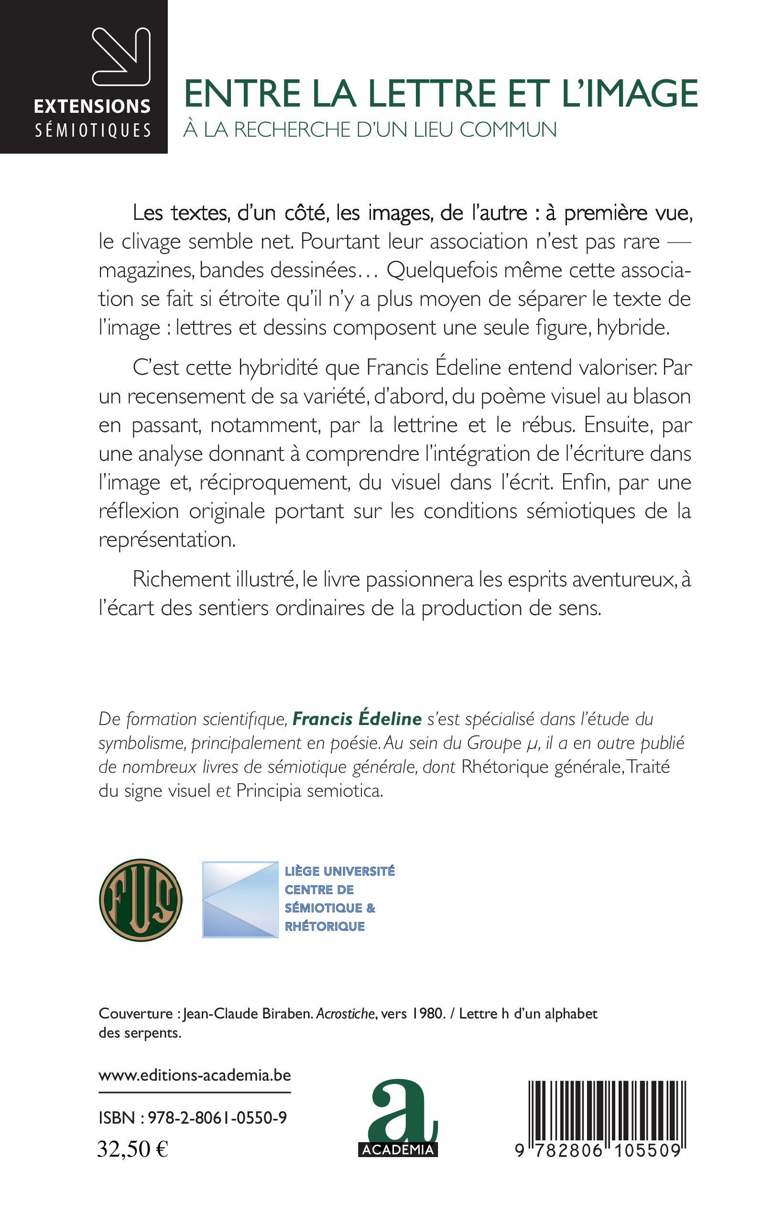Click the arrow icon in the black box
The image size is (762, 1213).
click(121, 56)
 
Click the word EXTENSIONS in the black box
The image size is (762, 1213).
click(92, 106)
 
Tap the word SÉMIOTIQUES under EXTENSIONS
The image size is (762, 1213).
click(93, 131)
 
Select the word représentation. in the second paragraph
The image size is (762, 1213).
click(167, 540)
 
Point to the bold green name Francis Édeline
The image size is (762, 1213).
click(357, 719)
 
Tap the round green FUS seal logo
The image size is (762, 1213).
click(141, 900)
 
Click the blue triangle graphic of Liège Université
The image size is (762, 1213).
click(240, 899)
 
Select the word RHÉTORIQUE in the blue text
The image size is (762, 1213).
click(325, 926)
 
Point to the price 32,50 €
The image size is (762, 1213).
click(132, 1149)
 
